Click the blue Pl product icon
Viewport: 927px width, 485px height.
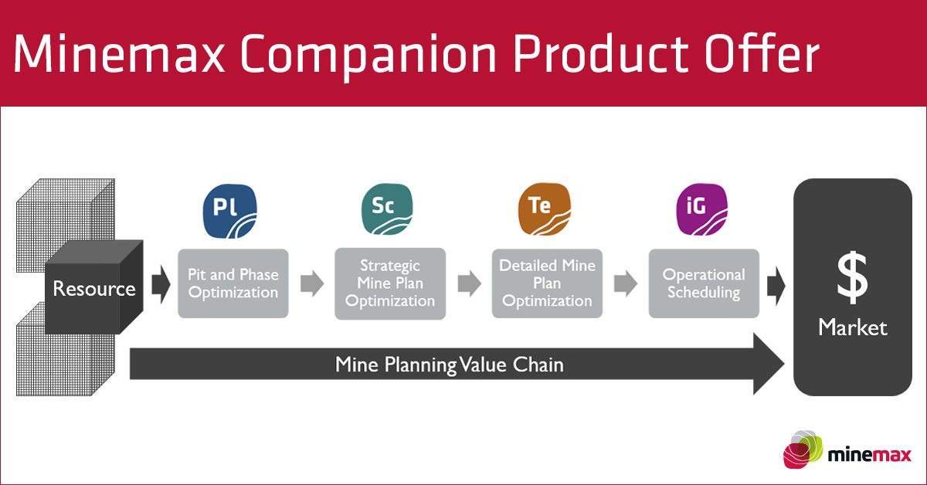[x=230, y=211]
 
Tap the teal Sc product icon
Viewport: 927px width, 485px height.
[x=387, y=209]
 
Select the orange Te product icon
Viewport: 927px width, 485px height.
[x=545, y=209]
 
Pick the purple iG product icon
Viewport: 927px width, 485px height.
[x=702, y=209]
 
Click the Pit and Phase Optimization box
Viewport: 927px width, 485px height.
[x=233, y=283]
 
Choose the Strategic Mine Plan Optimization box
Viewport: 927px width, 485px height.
[x=390, y=283]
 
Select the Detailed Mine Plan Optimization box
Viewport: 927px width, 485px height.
[x=547, y=283]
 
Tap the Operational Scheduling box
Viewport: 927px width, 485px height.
[x=704, y=283]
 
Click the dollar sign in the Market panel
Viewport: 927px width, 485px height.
[x=853, y=278]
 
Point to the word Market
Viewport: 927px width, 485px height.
[x=853, y=327]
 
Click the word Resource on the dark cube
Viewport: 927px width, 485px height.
[x=94, y=288]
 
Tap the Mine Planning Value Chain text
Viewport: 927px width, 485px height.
[x=450, y=365]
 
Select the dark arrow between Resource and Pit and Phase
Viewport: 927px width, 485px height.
[x=161, y=285]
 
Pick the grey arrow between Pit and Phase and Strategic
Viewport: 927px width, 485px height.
[x=312, y=284]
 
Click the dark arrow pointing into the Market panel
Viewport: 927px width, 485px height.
[x=776, y=286]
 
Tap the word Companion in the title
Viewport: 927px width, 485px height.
[x=368, y=55]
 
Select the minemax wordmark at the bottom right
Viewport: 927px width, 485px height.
[x=870, y=455]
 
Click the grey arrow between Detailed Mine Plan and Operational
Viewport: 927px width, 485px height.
[x=626, y=284]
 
